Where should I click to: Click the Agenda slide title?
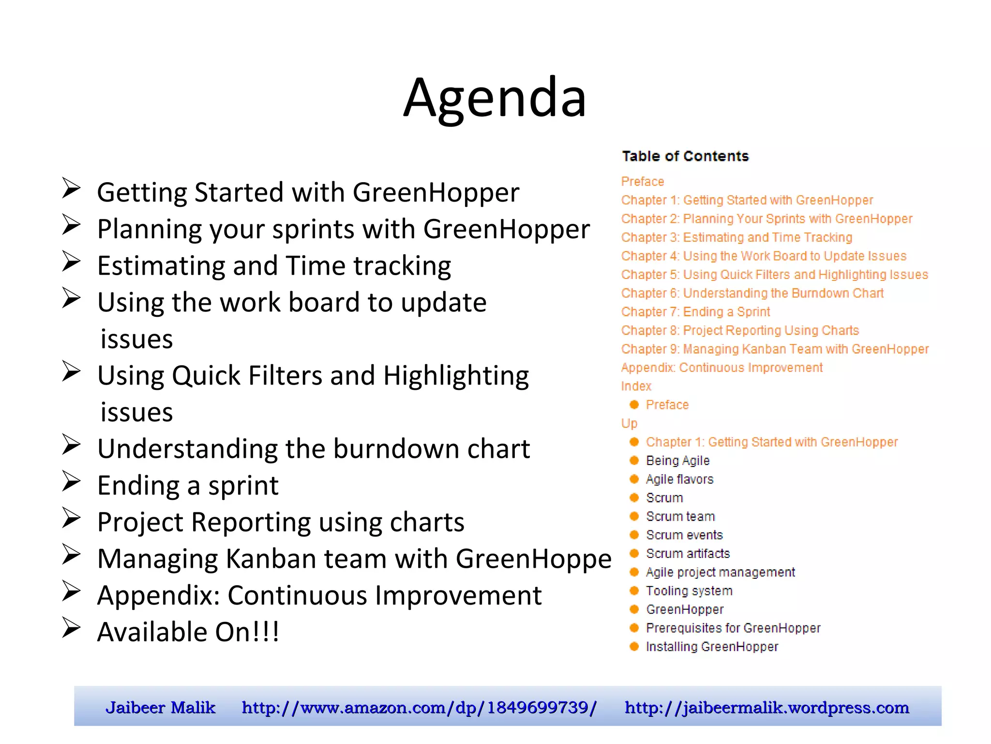tap(495, 98)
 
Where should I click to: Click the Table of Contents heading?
tap(685, 156)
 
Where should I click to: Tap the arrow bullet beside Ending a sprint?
tap(71, 481)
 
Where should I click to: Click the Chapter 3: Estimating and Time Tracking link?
tap(736, 237)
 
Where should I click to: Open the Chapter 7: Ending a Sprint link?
tap(695, 312)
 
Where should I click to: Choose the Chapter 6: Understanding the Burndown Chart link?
tap(752, 294)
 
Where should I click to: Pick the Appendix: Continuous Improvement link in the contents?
tap(721, 368)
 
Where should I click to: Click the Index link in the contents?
tap(636, 386)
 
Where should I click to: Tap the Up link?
tap(629, 423)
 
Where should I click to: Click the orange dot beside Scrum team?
tap(634, 516)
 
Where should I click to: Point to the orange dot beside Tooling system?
tap(634, 590)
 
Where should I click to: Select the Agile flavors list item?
tap(679, 480)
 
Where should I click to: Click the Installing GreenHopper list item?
tap(712, 647)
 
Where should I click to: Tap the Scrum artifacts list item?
tap(688, 554)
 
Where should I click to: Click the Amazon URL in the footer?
tap(419, 708)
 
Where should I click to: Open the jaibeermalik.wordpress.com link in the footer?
tap(766, 708)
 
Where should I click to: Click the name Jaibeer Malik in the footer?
tap(160, 708)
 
